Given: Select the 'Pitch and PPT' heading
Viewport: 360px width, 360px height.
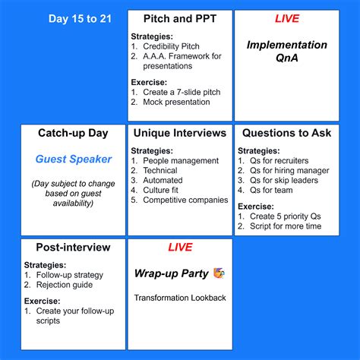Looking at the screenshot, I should (x=179, y=18).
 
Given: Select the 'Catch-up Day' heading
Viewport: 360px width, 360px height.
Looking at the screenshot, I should (x=73, y=133).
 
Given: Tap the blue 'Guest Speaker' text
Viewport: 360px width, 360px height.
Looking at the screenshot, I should (x=73, y=159).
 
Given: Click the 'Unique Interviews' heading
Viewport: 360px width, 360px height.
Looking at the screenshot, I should (x=179, y=133).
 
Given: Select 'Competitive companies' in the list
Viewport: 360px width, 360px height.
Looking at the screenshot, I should (x=185, y=201).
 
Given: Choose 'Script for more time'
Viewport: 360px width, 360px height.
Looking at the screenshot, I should (x=286, y=226).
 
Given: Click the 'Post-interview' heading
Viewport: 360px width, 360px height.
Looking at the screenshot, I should (x=73, y=248).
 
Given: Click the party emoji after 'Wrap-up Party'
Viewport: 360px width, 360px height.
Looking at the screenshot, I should (x=219, y=273).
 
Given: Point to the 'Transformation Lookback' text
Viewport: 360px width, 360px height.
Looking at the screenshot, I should (x=180, y=298).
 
